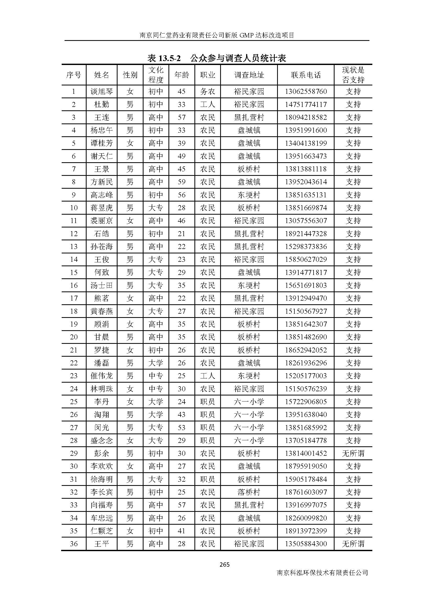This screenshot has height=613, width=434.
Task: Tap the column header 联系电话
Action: click(x=306, y=75)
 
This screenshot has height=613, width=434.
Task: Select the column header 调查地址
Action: click(x=249, y=75)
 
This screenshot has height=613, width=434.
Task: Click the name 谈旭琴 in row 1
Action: click(x=102, y=91)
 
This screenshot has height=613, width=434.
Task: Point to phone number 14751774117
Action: click(x=306, y=104)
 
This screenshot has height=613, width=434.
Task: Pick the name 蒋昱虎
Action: click(x=102, y=208)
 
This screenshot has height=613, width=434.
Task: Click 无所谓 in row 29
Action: click(x=353, y=453)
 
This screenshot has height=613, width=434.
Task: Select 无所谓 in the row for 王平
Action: click(x=353, y=544)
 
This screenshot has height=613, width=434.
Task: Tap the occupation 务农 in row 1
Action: click(x=208, y=91)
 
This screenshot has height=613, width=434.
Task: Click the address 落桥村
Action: click(x=249, y=492)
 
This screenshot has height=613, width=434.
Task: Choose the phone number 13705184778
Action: click(x=306, y=441)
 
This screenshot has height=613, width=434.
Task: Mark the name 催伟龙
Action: click(x=102, y=376)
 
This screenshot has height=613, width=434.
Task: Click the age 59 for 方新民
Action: click(x=182, y=182)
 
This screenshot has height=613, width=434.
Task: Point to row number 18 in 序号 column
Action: click(x=74, y=311)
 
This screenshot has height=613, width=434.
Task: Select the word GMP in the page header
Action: click(x=249, y=35)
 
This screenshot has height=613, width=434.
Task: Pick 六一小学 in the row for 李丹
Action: click(x=249, y=402)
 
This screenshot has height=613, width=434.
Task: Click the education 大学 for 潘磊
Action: click(x=156, y=363)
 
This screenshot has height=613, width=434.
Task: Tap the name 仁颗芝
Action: click(x=102, y=531)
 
